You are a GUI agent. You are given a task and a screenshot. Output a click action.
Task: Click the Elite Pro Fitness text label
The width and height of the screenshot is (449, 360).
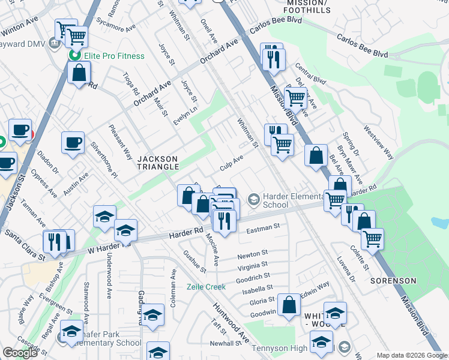(114, 56)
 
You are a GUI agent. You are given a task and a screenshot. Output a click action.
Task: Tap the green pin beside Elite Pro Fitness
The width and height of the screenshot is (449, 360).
(76, 56)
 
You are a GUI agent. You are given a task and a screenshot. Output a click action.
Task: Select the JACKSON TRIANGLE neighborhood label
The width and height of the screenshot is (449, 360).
(158, 163)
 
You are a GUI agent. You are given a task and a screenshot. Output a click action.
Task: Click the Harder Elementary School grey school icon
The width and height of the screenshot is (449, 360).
(254, 199)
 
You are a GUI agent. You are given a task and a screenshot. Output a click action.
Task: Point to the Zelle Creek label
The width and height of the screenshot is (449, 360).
(206, 287)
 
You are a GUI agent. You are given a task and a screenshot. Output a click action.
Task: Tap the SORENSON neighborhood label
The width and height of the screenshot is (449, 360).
(393, 280)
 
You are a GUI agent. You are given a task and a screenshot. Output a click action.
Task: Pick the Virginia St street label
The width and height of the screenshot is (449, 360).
(253, 265)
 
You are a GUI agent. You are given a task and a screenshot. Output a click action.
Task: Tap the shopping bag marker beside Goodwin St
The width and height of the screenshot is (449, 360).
(289, 304)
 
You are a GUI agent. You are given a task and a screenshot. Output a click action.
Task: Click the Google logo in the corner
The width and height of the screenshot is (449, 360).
(20, 353)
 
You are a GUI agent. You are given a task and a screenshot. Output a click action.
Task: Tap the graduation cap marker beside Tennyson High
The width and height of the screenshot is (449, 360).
(321, 342)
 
